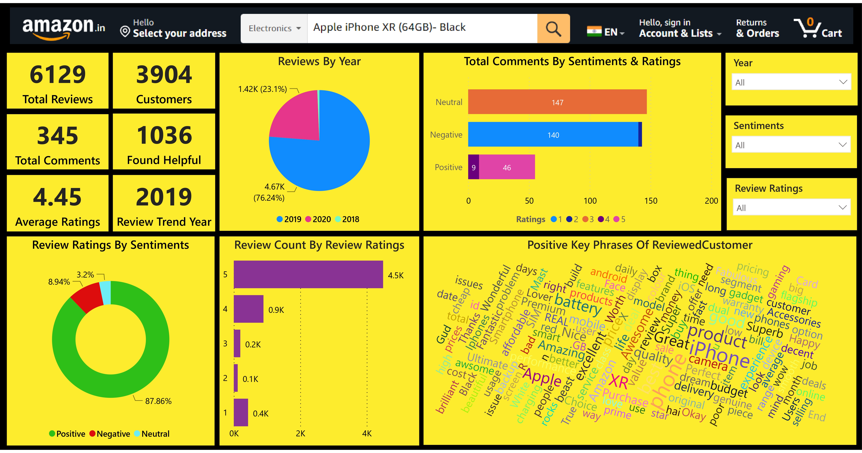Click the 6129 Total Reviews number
(x=58, y=74)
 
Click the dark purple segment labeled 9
(x=473, y=167)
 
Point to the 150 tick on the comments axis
(x=650, y=201)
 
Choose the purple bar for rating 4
(x=248, y=309)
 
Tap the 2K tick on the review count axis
(x=300, y=434)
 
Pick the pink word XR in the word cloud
(x=618, y=382)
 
